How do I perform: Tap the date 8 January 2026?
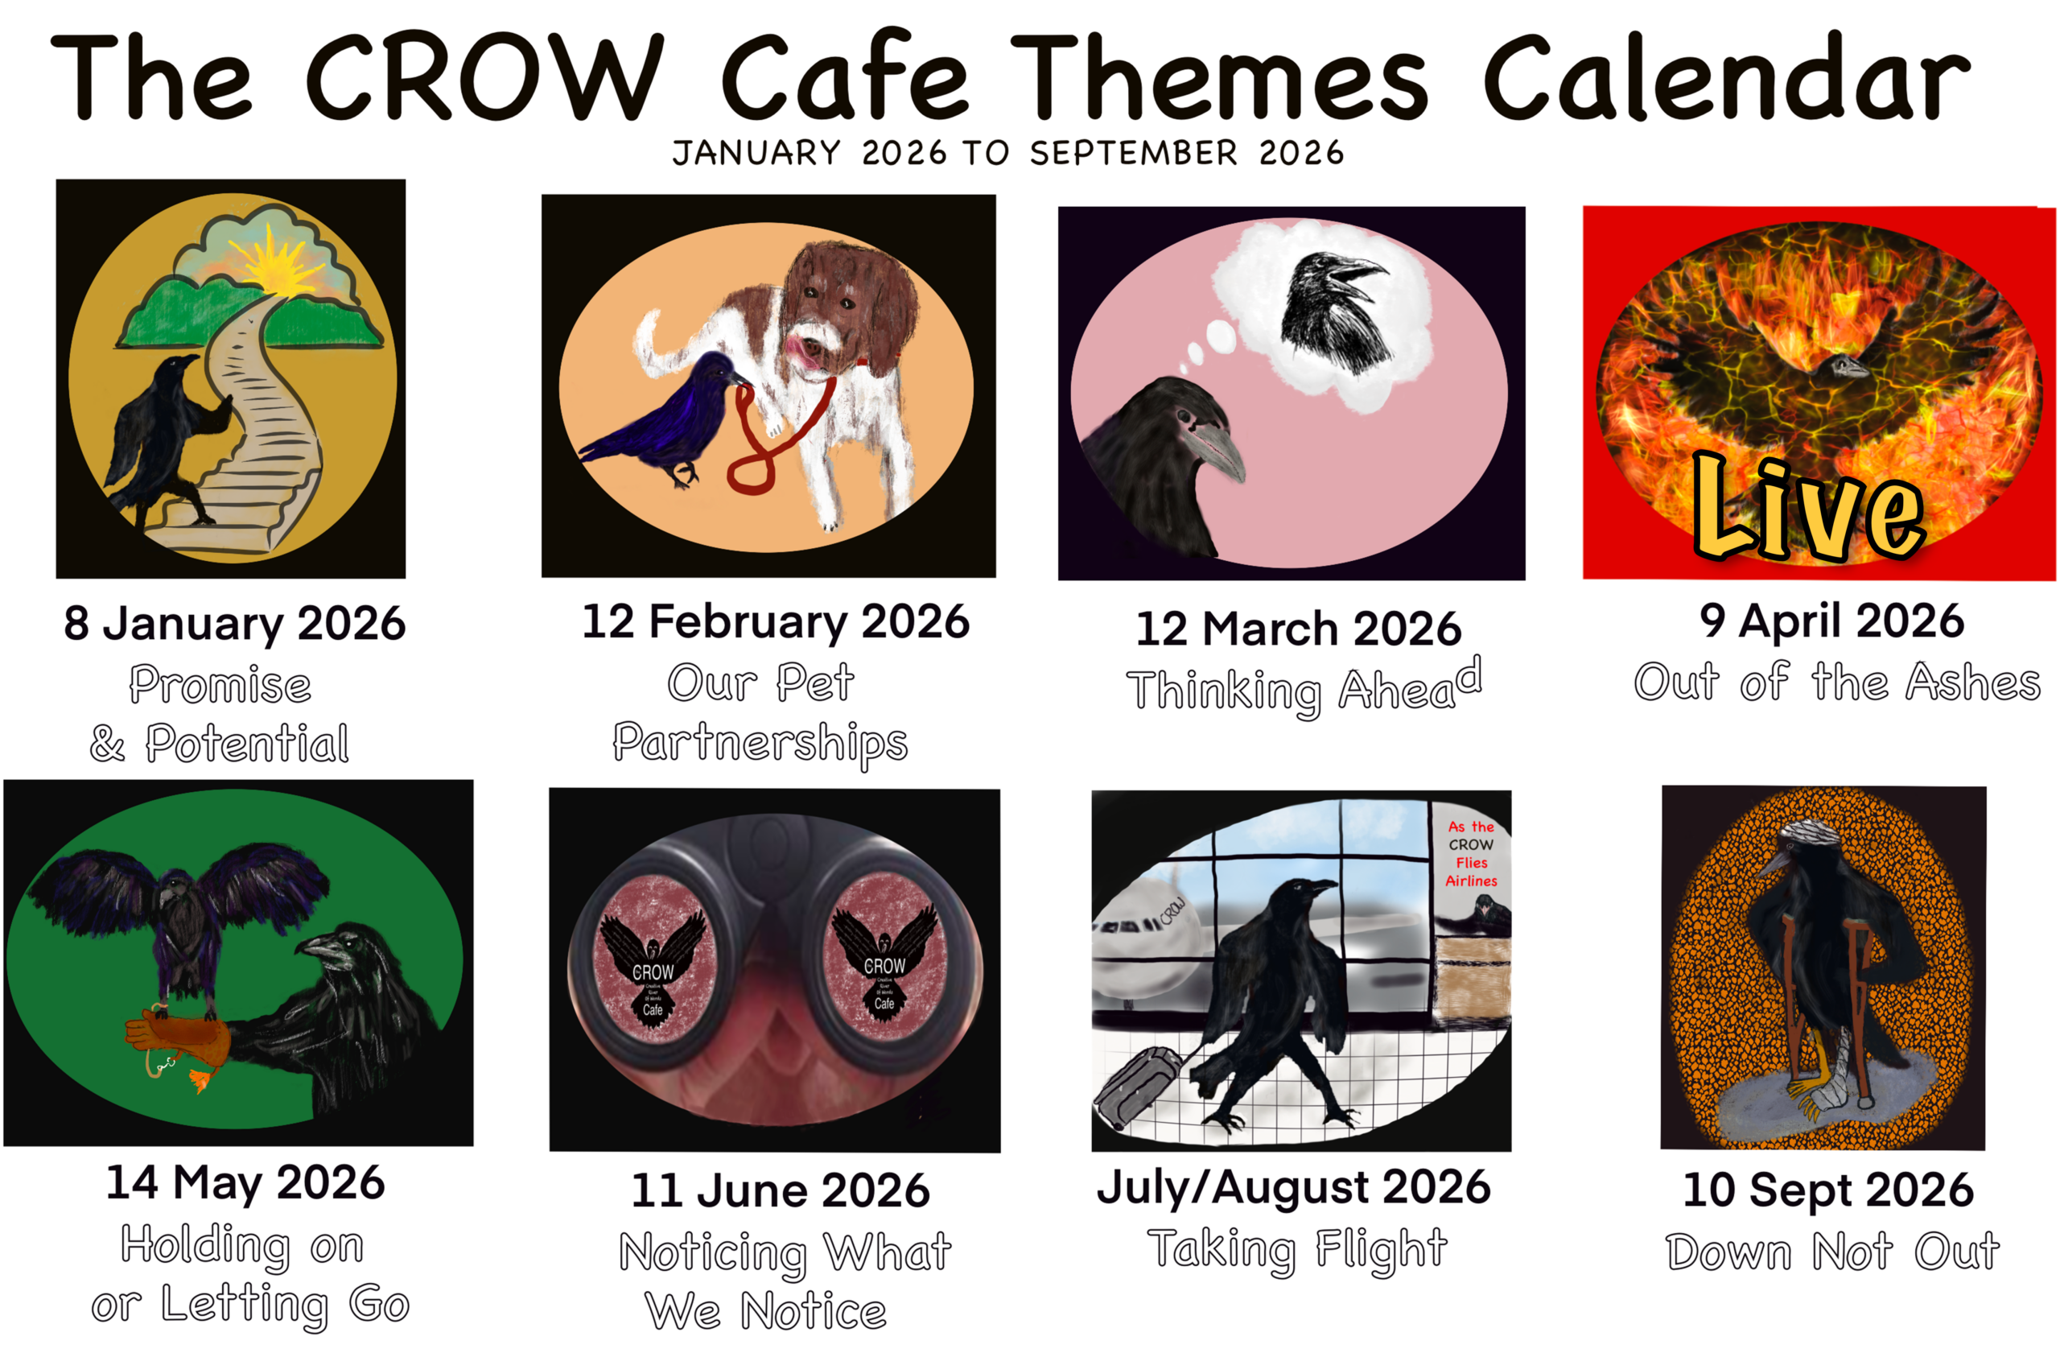(x=234, y=623)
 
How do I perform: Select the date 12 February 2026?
(x=776, y=621)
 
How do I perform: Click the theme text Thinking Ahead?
(x=1303, y=688)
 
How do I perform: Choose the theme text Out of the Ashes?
(x=1836, y=682)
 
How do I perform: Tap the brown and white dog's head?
(x=844, y=307)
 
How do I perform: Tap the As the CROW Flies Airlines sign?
(x=1472, y=853)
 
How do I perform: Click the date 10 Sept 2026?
(x=1828, y=1190)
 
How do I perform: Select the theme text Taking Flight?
(x=1296, y=1249)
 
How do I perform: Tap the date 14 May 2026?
(x=245, y=1183)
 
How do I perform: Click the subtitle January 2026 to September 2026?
(x=1008, y=153)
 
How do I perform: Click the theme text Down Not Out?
(x=1832, y=1252)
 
